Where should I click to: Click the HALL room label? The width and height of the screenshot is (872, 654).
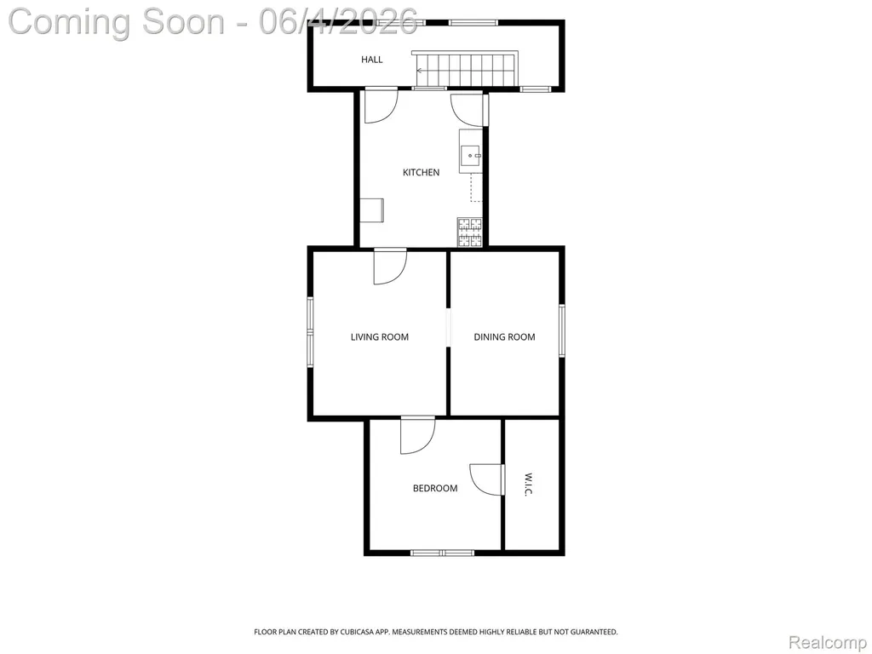pyautogui.click(x=371, y=60)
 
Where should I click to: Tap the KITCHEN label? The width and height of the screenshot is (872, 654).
pyautogui.click(x=421, y=172)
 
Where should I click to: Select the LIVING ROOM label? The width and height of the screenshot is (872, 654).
pyautogui.click(x=379, y=337)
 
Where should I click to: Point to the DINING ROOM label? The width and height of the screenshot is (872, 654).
pyautogui.click(x=504, y=337)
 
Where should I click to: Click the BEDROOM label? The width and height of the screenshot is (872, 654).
pyautogui.click(x=435, y=488)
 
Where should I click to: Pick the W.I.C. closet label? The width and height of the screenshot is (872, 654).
pyautogui.click(x=528, y=485)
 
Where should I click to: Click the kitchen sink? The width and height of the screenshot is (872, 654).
pyautogui.click(x=471, y=152)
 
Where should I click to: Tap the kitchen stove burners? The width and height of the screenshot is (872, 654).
pyautogui.click(x=470, y=232)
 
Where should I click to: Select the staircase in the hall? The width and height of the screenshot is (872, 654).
pyautogui.click(x=465, y=68)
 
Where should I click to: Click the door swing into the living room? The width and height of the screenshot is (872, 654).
pyautogui.click(x=390, y=267)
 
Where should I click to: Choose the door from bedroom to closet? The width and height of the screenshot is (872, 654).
pyautogui.click(x=487, y=479)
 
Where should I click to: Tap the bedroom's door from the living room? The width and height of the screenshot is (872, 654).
pyautogui.click(x=417, y=435)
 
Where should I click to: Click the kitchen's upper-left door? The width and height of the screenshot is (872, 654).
pyautogui.click(x=381, y=106)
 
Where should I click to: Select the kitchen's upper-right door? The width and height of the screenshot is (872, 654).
pyautogui.click(x=469, y=110)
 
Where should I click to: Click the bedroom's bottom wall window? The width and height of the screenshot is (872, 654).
pyautogui.click(x=442, y=553)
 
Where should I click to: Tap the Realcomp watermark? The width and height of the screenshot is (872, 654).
pyautogui.click(x=829, y=643)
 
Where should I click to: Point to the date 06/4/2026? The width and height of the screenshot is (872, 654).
pyautogui.click(x=338, y=21)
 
